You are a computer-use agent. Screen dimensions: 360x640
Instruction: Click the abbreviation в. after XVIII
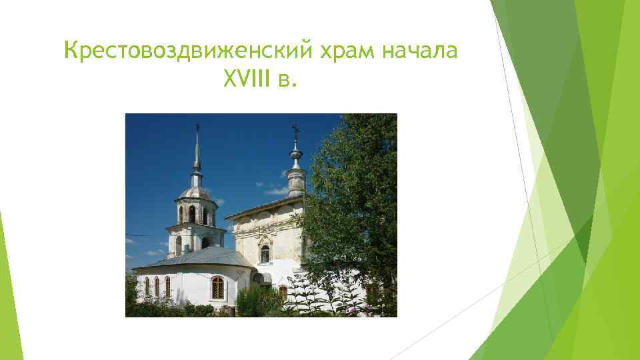(x=283, y=81)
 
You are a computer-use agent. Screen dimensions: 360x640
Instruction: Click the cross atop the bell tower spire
(x=197, y=127)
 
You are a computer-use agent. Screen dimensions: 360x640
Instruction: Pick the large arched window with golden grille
(x=217, y=287)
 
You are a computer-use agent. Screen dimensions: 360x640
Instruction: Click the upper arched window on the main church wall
(x=265, y=254)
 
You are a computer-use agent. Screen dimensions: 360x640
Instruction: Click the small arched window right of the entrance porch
(x=283, y=292)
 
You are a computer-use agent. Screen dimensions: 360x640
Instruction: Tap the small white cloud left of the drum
(x=275, y=191)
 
